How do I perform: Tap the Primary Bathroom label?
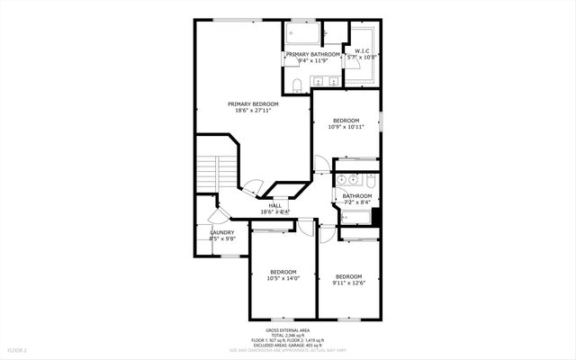point(313,55)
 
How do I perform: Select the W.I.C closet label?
point(362,51)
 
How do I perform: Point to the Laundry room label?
point(222,232)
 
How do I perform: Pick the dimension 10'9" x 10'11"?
point(346,127)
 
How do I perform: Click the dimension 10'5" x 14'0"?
point(283,278)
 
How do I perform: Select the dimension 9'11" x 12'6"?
point(348,283)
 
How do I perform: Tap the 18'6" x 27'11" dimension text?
point(253,111)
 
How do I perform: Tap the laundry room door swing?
point(216,219)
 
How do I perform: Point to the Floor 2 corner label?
point(18,349)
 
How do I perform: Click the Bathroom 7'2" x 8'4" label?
point(357,199)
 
